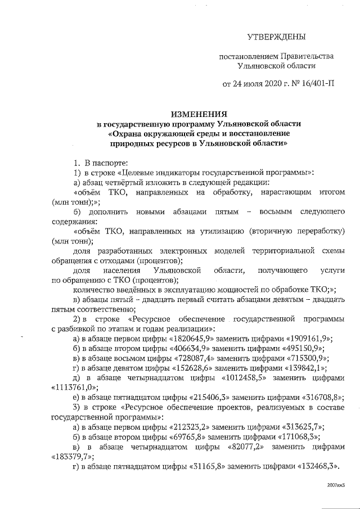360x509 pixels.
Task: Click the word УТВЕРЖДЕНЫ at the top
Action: coord(277,38)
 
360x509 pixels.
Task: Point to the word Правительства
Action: coord(308,57)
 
